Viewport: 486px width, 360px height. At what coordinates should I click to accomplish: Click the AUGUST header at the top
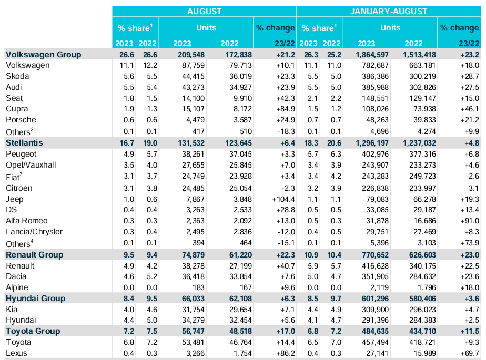pyautogui.click(x=204, y=12)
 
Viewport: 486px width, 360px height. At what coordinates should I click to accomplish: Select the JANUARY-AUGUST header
pyautogui.click(x=389, y=12)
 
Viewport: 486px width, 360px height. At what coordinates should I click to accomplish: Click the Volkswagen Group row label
pyautogui.click(x=43, y=55)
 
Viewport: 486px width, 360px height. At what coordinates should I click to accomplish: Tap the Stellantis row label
pyautogui.click(x=24, y=143)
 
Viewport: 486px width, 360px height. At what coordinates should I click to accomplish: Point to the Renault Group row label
pyautogui.click(x=34, y=255)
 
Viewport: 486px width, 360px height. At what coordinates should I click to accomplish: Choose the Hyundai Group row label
pyautogui.click(x=36, y=299)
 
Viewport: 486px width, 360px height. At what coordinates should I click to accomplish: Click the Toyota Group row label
pyautogui.click(x=33, y=331)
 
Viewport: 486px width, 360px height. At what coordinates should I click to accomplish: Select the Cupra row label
pyautogui.click(x=17, y=109)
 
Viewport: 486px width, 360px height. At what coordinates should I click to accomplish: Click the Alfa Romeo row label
pyautogui.click(x=27, y=221)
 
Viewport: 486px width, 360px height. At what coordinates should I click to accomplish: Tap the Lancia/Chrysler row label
pyautogui.click(x=34, y=232)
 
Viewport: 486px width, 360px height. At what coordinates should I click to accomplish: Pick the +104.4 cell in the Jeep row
pyautogui.click(x=283, y=199)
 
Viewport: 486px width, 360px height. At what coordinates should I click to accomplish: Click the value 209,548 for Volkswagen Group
pyautogui.click(x=191, y=55)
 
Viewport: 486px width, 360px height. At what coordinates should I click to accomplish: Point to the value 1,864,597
pyautogui.click(x=372, y=55)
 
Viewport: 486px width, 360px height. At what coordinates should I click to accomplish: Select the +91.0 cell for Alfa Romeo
pyautogui.click(x=470, y=221)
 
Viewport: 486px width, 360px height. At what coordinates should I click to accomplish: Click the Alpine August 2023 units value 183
pyautogui.click(x=198, y=287)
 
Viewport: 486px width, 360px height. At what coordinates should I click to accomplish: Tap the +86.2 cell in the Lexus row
pyautogui.click(x=286, y=353)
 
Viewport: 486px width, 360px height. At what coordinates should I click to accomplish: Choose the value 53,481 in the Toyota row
pyautogui.click(x=193, y=342)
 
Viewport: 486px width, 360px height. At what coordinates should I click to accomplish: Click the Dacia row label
pyautogui.click(x=16, y=276)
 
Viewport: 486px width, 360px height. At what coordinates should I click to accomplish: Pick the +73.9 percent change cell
pyautogui.click(x=470, y=243)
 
